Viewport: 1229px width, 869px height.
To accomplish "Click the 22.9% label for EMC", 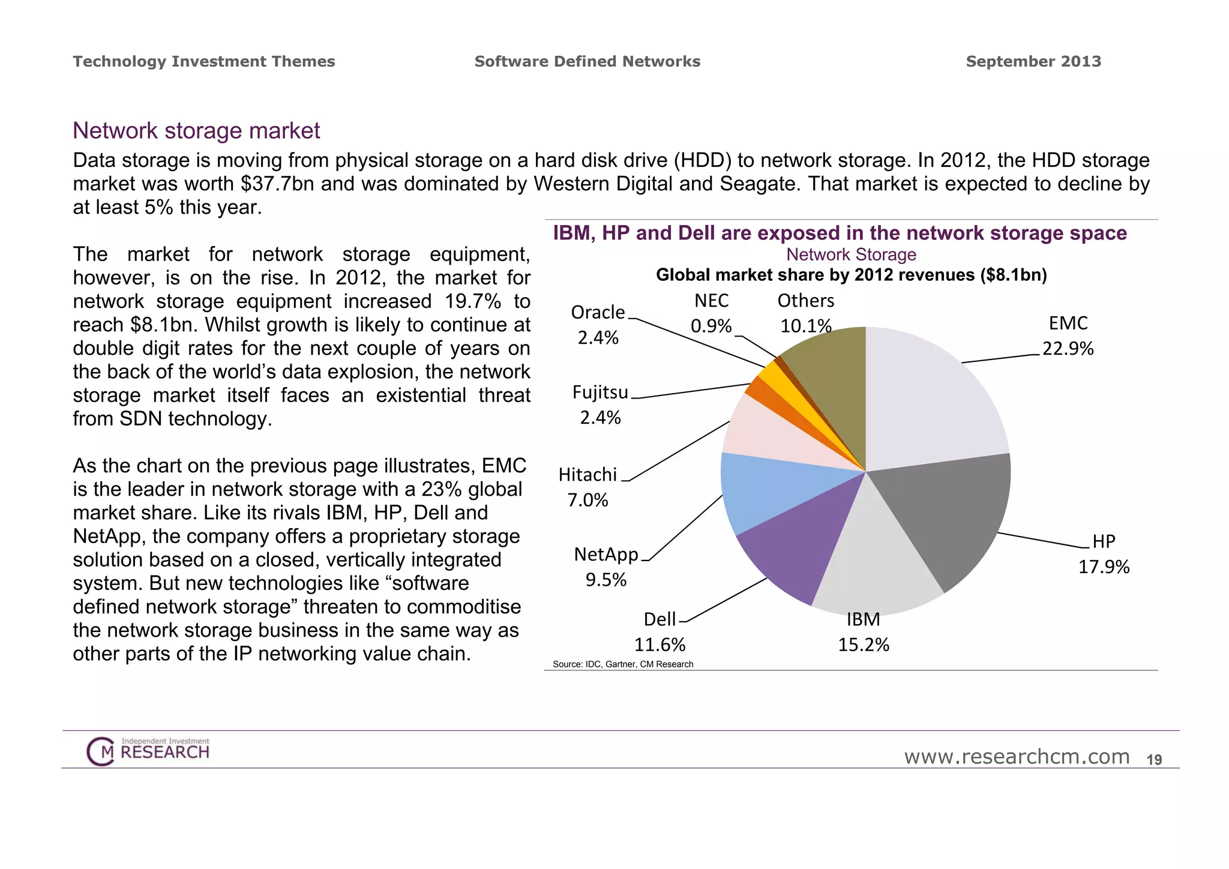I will (1068, 349).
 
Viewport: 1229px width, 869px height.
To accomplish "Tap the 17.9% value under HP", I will (1104, 567).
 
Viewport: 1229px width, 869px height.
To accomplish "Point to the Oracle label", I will (598, 313).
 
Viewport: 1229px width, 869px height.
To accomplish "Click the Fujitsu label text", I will (599, 392).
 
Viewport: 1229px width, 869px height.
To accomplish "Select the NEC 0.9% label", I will (711, 313).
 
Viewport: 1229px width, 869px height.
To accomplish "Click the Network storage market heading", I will (196, 131).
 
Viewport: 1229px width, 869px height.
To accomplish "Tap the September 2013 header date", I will (1033, 62).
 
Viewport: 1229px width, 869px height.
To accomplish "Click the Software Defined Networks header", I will (587, 62).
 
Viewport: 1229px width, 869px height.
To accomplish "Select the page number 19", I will (1154, 760).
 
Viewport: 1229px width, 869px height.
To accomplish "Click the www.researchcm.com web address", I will (1017, 757).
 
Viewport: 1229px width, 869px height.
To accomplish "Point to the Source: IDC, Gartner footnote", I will (622, 664).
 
